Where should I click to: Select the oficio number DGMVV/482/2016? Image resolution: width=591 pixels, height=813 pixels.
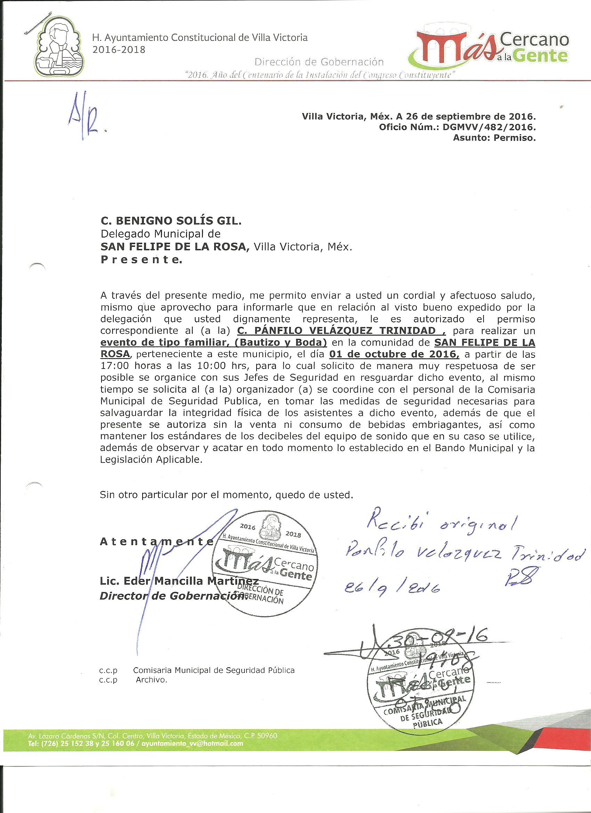click(489, 127)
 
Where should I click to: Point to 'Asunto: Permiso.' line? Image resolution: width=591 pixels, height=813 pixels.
click(494, 138)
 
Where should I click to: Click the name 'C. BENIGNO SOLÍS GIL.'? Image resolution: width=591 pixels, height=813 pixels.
click(171, 221)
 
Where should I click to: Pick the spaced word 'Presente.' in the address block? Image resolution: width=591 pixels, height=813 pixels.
click(141, 260)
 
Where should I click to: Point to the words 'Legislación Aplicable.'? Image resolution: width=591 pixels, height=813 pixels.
click(151, 460)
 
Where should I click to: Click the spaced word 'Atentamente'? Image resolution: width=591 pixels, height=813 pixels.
click(156, 542)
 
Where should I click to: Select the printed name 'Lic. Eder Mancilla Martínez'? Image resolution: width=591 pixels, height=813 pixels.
click(179, 581)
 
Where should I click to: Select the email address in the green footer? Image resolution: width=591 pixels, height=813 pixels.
click(193, 743)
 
